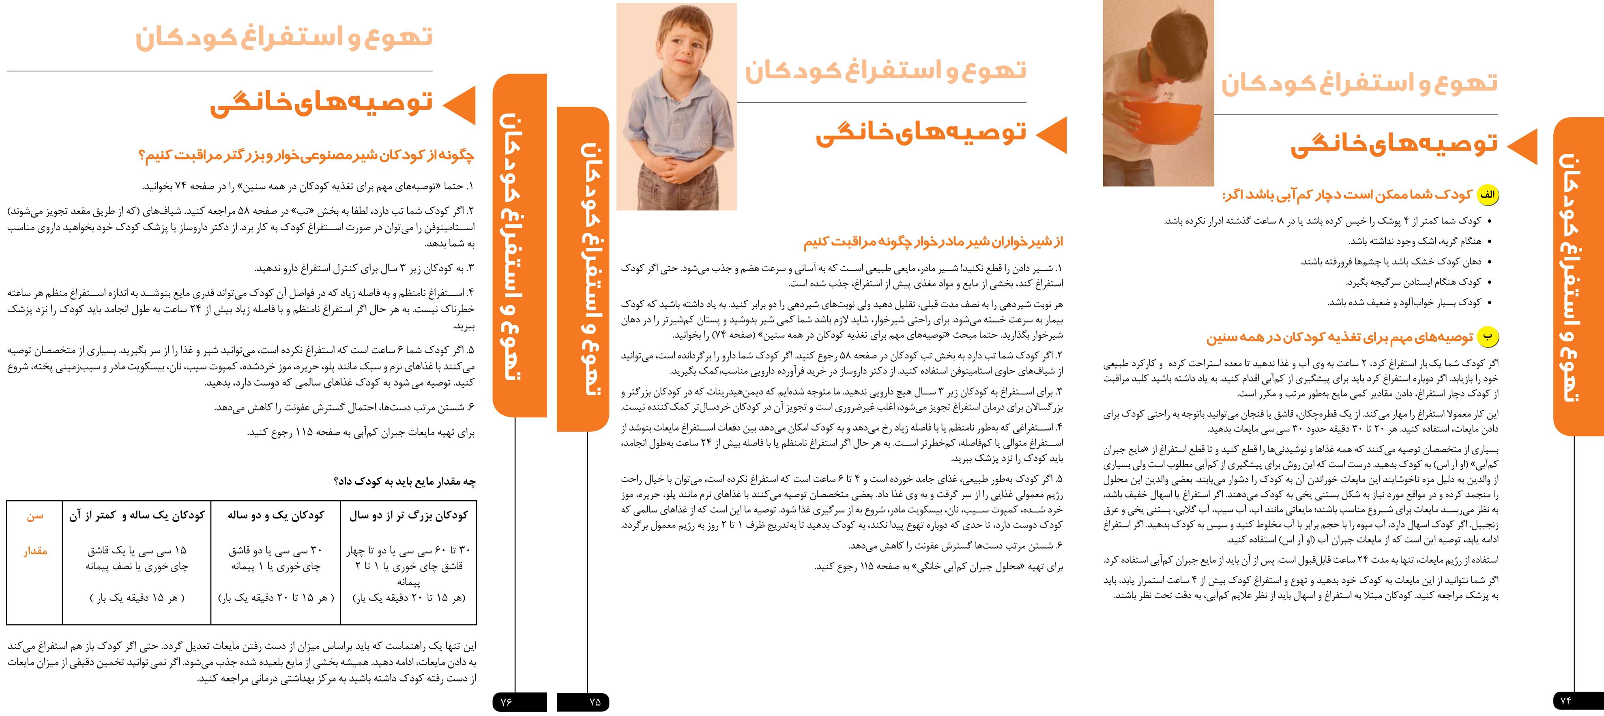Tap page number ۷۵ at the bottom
click(x=595, y=702)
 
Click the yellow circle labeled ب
click(x=1488, y=337)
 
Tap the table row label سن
click(x=35, y=516)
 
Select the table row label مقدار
click(x=35, y=551)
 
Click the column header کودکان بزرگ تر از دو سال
click(x=408, y=516)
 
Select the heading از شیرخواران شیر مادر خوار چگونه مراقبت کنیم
click(x=933, y=242)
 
